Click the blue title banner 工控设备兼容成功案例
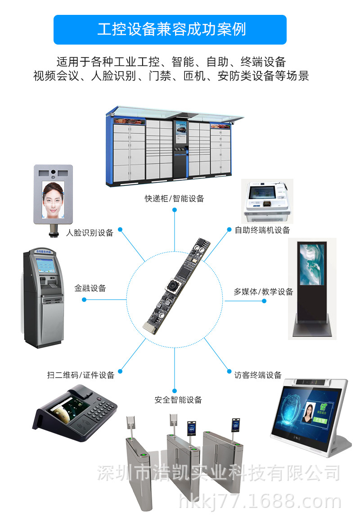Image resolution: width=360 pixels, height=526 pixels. tap(170, 30)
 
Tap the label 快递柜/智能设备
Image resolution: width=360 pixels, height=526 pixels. tap(174, 198)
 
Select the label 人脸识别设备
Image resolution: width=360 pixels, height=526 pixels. tap(90, 233)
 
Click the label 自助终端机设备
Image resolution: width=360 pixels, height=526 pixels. tap(262, 230)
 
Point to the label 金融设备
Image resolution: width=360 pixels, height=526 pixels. tap(90, 288)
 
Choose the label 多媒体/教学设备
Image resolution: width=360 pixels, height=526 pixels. tap(263, 292)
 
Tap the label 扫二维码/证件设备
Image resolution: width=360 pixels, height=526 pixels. tap(81, 375)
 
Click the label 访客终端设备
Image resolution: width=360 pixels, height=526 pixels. tap(258, 375)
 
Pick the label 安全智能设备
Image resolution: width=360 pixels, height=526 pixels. tap(178, 399)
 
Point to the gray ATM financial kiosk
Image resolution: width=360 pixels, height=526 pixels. tap(44, 297)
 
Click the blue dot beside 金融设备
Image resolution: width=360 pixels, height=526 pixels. tap(84, 299)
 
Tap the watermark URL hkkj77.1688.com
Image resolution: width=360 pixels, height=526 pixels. tap(260, 502)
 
